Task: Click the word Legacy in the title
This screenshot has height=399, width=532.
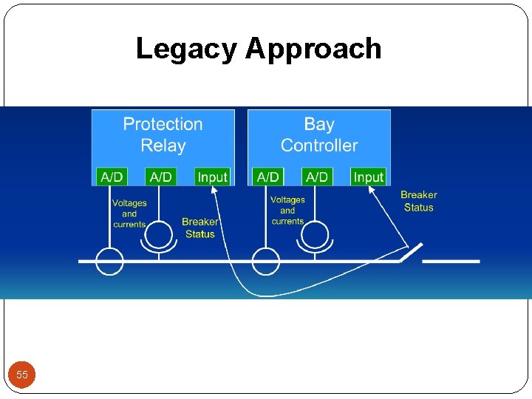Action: coord(186,50)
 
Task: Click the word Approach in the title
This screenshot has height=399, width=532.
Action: coord(313,50)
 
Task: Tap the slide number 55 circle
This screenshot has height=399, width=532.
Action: coord(22,375)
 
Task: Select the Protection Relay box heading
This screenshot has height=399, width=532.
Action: coord(163,134)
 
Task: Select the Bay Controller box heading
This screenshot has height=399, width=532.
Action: coord(319,134)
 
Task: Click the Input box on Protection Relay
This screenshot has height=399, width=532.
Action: coord(213,177)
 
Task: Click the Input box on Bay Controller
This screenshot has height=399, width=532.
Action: coord(368,177)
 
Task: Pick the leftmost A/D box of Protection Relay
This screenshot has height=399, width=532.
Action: coord(112,177)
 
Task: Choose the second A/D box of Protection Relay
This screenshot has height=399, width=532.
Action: coord(160,177)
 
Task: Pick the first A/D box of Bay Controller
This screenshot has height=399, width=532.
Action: coord(267,177)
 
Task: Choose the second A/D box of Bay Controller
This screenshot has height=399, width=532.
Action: coord(316,177)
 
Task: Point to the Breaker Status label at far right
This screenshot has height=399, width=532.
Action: coord(419,201)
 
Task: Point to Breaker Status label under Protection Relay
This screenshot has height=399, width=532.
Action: coord(199,228)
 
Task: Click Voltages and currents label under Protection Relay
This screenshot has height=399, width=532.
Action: coord(129,214)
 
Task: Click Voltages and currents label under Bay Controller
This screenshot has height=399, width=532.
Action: coord(287,211)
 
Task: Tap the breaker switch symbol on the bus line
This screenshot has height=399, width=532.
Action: coord(411,252)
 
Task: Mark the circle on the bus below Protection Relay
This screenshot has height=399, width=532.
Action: coord(110,262)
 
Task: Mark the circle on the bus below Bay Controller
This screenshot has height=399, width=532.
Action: coord(266,262)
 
